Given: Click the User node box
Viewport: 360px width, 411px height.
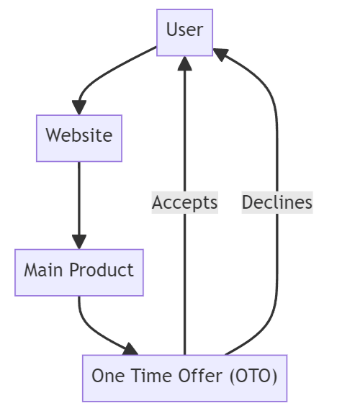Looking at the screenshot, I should [185, 32].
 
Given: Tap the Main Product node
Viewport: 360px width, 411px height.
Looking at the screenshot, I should [79, 271].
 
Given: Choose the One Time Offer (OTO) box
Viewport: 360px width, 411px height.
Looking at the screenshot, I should [184, 377].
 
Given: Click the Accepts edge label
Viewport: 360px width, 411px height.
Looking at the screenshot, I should [185, 202].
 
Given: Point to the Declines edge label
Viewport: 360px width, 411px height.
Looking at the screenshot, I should [277, 202].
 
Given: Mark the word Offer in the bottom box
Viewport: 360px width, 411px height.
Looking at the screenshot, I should [187, 376].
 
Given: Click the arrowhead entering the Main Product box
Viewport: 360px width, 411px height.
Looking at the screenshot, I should [79, 241].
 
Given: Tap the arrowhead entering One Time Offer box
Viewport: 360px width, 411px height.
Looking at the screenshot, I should [130, 349].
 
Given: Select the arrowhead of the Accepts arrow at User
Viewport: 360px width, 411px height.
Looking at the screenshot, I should [185, 63].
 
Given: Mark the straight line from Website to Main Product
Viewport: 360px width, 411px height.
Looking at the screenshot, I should [79, 194].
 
